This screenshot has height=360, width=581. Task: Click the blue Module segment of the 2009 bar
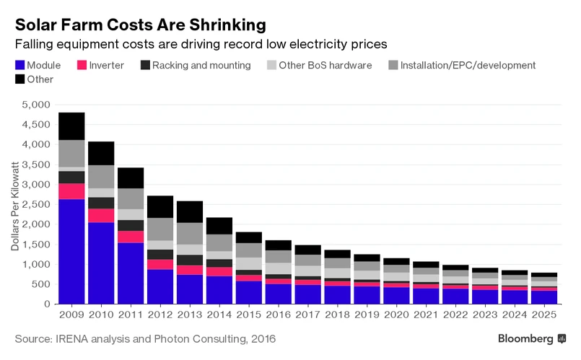pos(71,251)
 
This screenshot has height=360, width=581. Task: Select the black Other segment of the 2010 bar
pos(101,153)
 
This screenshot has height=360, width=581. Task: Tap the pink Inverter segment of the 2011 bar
pos(131,237)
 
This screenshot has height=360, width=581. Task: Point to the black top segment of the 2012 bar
pos(160,206)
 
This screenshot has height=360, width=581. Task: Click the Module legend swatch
pos(19,66)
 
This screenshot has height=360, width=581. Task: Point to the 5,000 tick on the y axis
pos(34,105)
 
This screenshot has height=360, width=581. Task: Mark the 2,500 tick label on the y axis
pos(34,205)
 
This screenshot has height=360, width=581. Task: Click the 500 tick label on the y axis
pos(39,284)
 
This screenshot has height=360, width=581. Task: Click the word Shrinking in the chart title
pos(223,25)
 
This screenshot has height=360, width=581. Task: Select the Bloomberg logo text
pos(525,338)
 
